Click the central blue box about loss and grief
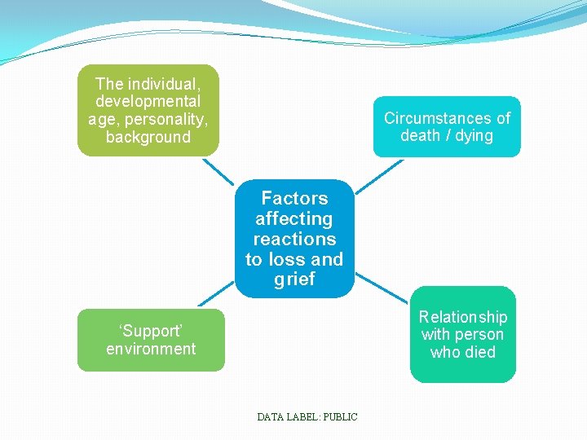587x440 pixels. (x=294, y=238)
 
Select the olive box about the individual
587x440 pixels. (x=148, y=110)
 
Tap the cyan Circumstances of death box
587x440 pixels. (x=447, y=126)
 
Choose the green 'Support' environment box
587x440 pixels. (x=151, y=340)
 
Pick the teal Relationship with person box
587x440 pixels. (x=462, y=334)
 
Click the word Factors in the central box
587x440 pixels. (x=294, y=198)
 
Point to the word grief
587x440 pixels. (x=294, y=279)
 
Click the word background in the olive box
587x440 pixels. (x=148, y=137)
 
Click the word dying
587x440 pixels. (x=474, y=135)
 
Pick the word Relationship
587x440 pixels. (x=462, y=316)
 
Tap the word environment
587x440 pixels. (x=151, y=349)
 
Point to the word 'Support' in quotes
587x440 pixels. (x=150, y=331)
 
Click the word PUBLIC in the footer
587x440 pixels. (x=340, y=416)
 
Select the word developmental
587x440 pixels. (x=148, y=101)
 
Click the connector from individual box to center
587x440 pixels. (x=218, y=171)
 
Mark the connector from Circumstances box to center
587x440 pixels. (x=378, y=176)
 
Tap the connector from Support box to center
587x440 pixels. (x=216, y=294)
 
